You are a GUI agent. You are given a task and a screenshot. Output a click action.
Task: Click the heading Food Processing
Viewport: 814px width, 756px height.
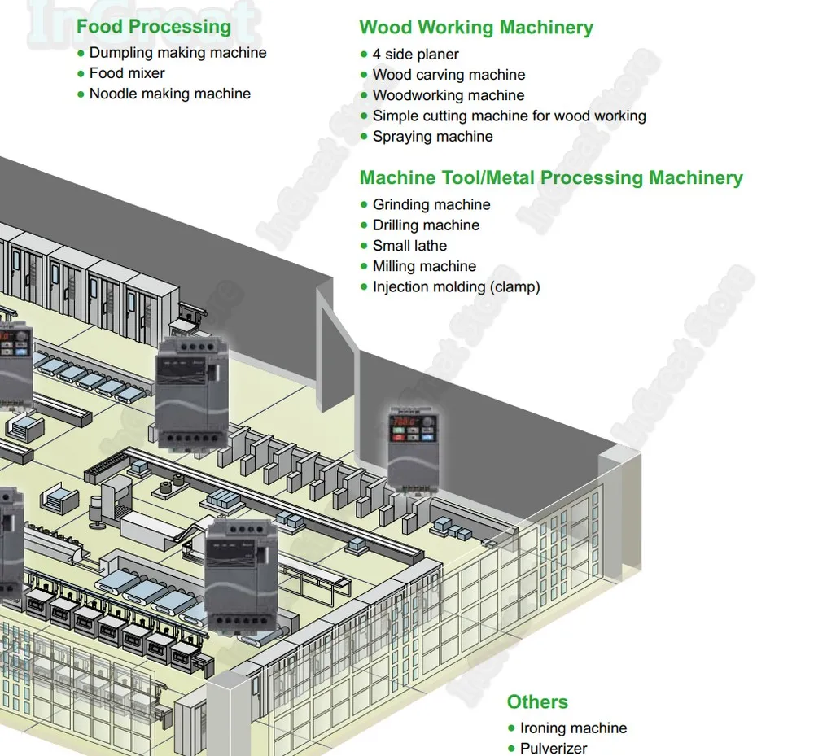[x=154, y=27]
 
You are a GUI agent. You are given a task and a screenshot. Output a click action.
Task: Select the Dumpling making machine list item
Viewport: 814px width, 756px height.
[x=177, y=52]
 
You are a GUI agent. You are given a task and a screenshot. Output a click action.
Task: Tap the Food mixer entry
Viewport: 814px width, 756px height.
[x=127, y=73]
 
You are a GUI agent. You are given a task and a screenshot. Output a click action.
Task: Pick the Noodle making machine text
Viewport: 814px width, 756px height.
[x=170, y=94]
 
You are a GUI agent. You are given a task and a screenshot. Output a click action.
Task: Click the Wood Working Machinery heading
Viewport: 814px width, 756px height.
[x=476, y=28]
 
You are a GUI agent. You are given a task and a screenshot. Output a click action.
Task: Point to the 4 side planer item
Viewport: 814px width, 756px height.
[x=415, y=55]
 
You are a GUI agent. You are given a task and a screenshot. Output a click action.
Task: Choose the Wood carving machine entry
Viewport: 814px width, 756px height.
[x=449, y=75]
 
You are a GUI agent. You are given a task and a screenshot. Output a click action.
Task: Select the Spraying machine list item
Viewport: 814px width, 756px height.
[x=432, y=137]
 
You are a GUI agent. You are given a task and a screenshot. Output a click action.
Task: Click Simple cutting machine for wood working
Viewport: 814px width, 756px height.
[x=510, y=116]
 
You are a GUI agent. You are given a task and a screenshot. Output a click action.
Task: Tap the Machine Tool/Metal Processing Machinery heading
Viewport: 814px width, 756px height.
[x=551, y=177]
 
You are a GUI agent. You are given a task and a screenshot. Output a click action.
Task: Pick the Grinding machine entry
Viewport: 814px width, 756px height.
[x=431, y=204]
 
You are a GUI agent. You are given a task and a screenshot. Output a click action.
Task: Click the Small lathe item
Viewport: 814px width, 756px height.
[x=409, y=246]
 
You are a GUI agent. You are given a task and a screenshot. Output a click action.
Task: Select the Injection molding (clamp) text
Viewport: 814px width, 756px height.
[x=457, y=287]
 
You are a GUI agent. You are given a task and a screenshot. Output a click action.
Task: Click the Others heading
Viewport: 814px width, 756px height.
[x=537, y=701]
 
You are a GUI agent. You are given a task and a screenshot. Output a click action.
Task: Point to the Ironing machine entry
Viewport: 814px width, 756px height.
[x=573, y=728]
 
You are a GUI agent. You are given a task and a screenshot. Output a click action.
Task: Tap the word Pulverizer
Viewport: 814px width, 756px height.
[x=554, y=748]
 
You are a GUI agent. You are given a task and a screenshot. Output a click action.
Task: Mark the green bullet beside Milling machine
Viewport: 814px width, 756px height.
[x=364, y=266]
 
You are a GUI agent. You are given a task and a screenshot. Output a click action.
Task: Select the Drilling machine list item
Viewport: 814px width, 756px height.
[x=426, y=225]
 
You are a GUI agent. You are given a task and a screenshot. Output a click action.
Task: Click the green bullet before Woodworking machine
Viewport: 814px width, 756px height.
[x=364, y=95]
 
